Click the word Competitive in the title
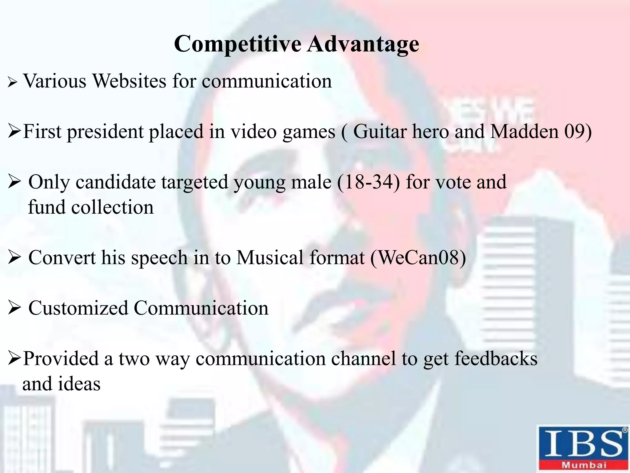237,44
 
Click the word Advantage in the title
363,44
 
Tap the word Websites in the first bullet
129,81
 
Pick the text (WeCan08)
418,257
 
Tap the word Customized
78,308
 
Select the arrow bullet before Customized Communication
14,308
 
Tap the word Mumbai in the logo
584,465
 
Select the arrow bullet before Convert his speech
14,258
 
